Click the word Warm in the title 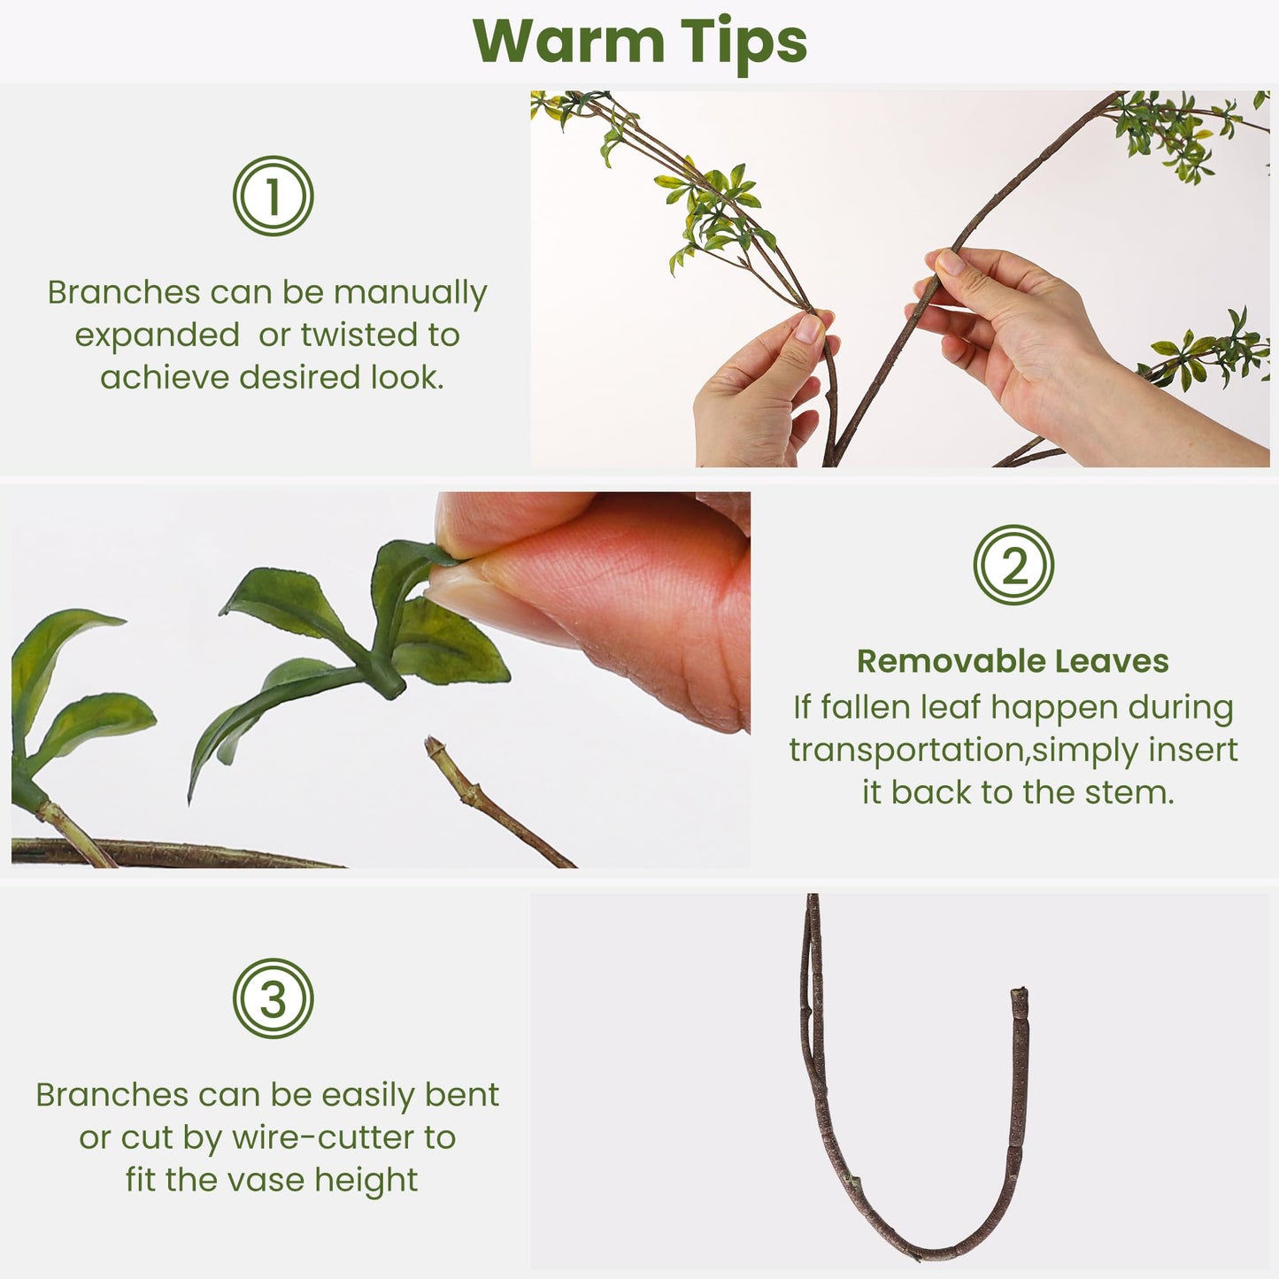coord(568,42)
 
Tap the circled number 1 coord(273,196)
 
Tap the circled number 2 coord(1013,565)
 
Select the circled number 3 coord(273,998)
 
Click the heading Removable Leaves coord(1013,661)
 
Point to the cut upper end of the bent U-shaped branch coord(1020,996)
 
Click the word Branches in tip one coord(124,293)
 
